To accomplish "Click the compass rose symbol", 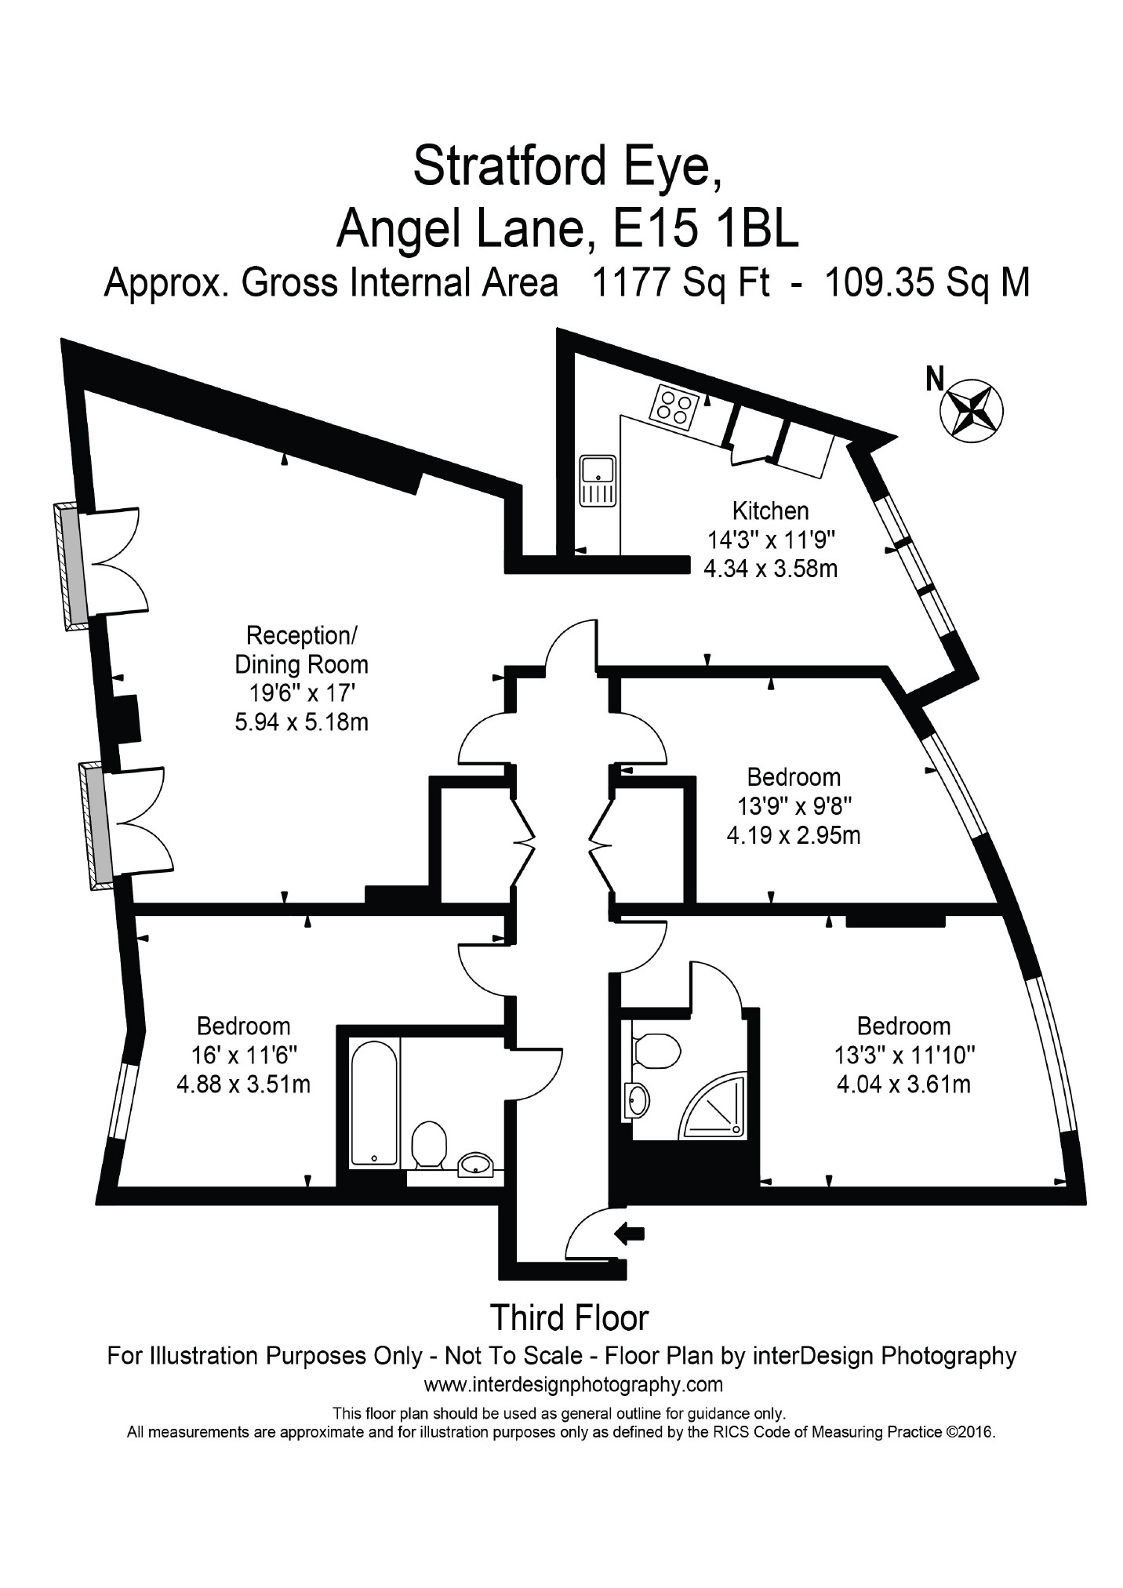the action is point(972,409).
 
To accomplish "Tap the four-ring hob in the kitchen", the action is point(674,407).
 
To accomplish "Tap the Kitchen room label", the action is point(770,511).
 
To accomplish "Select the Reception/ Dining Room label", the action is point(301,649).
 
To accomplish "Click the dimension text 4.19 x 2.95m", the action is point(794,835).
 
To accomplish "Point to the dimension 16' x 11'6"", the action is point(244,1056).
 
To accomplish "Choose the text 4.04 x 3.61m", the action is point(903,1085).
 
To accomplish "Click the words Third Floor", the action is point(569,1317).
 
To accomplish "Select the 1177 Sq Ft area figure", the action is point(680,283).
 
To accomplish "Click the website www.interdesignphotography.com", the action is point(573,1384).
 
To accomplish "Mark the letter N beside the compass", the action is point(935,380).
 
